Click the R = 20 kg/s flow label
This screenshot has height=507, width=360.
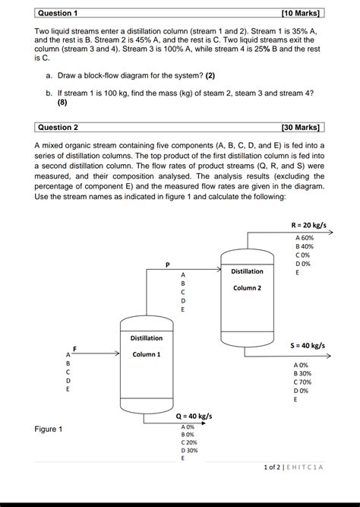[308, 225]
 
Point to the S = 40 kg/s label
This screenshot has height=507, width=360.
[308, 345]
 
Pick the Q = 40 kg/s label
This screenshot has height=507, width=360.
[194, 417]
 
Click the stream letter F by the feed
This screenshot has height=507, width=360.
[75, 348]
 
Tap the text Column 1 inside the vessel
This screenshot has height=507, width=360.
[147, 354]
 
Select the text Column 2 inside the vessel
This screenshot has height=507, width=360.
[247, 288]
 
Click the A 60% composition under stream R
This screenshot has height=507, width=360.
[304, 238]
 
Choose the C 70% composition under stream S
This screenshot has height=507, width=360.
[302, 382]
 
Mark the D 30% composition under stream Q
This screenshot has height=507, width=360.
[189, 450]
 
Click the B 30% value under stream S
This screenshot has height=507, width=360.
[302, 373]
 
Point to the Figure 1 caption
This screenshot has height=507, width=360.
[49, 429]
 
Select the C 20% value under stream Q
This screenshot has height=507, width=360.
[189, 442]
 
